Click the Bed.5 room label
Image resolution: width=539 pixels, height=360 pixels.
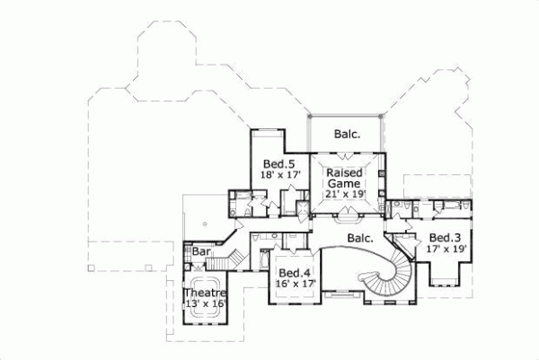pyautogui.click(x=279, y=163)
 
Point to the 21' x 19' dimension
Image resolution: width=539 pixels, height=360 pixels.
pyautogui.click(x=345, y=194)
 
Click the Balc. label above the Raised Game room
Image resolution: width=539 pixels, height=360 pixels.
pyautogui.click(x=347, y=135)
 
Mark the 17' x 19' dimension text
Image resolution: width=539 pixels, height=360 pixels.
pyautogui.click(x=445, y=249)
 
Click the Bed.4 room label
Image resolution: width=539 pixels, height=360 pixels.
pyautogui.click(x=293, y=273)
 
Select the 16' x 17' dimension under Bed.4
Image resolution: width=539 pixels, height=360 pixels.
pyautogui.click(x=293, y=284)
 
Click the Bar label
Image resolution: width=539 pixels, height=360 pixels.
pyautogui.click(x=201, y=253)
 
